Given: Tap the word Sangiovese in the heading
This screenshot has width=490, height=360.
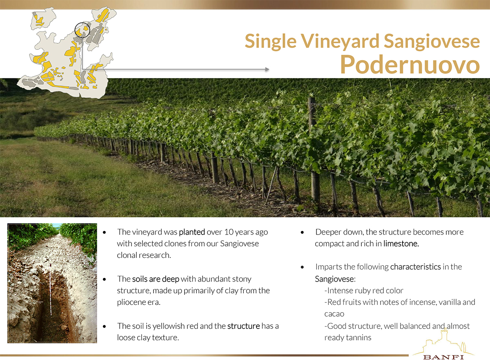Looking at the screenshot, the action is (432, 42).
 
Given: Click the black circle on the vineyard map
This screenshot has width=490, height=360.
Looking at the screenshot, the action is (82, 30).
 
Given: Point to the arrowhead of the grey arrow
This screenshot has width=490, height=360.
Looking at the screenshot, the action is (267, 69).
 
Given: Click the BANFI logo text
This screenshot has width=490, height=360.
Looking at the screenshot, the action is (443, 357).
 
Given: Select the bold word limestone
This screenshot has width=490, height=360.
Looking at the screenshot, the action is (401, 244).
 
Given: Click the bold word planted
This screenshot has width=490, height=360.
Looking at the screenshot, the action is (192, 232).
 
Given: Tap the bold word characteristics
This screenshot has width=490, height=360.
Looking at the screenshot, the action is (415, 267).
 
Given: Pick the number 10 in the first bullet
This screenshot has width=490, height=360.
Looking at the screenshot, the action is (229, 232).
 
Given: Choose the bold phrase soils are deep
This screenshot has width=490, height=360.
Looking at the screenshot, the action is (156, 279).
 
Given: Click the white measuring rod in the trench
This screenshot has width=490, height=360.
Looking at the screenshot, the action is (50, 290).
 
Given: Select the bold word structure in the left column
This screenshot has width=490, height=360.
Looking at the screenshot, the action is (243, 326).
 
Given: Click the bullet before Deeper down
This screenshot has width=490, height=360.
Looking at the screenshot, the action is (302, 233).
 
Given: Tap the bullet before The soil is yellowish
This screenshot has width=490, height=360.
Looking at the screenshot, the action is (105, 326).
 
